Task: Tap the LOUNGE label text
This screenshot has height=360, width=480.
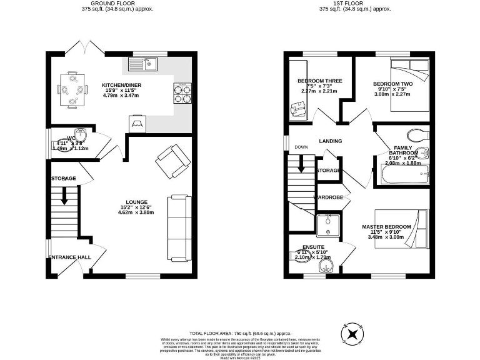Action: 137,202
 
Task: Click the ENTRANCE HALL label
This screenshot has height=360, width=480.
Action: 70,257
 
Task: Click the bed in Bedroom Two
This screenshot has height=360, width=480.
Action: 409,85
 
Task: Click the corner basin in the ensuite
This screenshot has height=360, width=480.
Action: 324,267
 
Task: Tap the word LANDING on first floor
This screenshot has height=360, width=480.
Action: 330,141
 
